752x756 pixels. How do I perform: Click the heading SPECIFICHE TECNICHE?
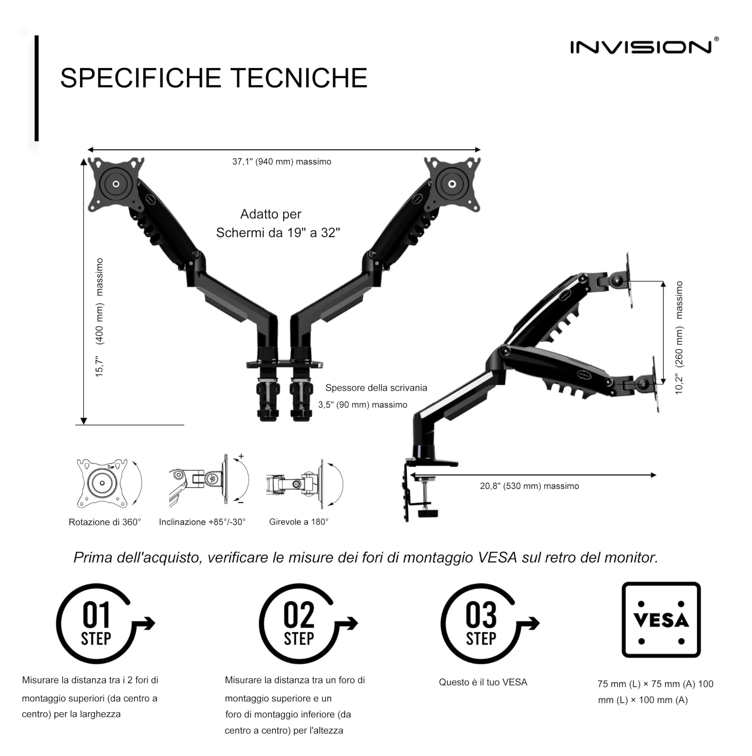pos(213,78)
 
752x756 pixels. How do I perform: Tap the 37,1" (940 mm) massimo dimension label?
pos(282,162)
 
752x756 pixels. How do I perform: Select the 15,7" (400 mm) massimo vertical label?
pos(99,317)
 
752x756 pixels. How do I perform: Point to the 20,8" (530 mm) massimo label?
pos(529,486)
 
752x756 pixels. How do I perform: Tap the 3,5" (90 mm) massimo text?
pos(362,405)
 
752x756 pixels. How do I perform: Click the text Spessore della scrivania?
pos(376,388)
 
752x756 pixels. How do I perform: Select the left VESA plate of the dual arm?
pos(116,184)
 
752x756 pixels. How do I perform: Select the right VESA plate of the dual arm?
pos(452,184)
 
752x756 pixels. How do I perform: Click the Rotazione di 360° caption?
pos(105,522)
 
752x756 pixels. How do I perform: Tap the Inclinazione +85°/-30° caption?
pos(202,522)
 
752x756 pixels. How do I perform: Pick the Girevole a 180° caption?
pos(299,522)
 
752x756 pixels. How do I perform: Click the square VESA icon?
pos(661,620)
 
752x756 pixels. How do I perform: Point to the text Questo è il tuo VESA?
pos(483,682)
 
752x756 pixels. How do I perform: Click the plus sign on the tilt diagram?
pos(241,456)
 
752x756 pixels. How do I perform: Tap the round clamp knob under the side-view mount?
pos(428,513)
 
